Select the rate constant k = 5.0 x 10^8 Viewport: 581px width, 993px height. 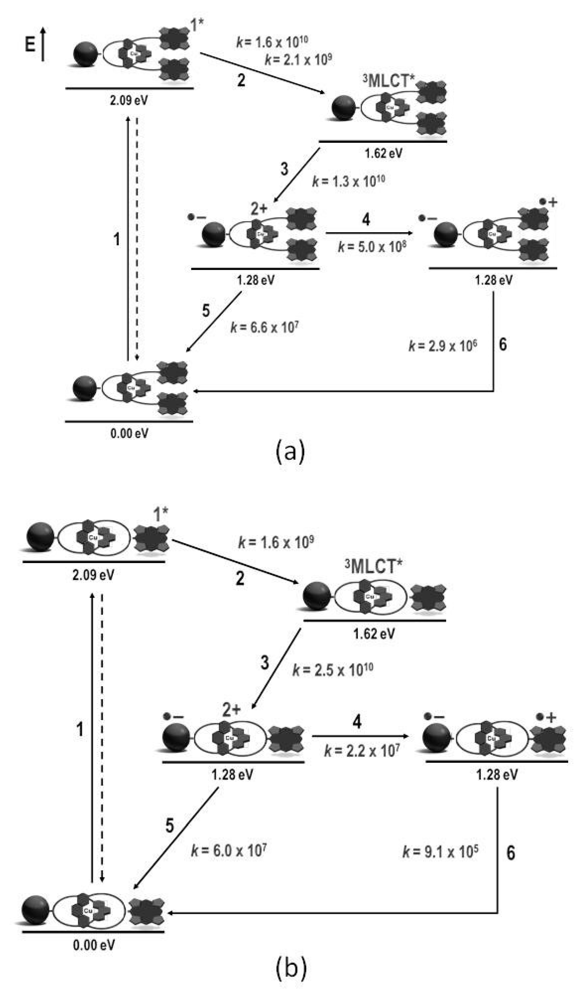tap(372, 247)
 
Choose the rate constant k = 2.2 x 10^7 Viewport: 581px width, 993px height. tap(362, 751)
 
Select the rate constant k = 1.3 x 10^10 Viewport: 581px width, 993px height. tap(348, 181)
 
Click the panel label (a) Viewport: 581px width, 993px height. tap(290, 452)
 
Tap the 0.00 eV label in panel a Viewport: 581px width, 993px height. tap(129, 434)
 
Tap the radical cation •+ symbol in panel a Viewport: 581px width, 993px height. tap(548, 202)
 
